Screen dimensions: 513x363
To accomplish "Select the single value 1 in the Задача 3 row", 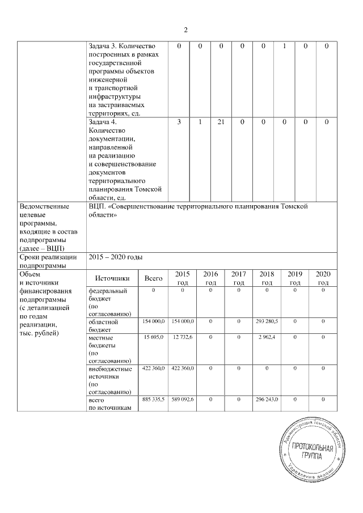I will point(284,46).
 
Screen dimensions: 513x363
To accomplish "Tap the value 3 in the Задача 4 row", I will point(179,122).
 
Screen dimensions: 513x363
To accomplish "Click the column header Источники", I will point(112,278).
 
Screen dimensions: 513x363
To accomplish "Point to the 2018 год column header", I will point(267,278).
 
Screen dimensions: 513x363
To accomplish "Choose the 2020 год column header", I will point(323,278).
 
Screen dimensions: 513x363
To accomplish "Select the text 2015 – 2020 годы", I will point(118,257).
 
